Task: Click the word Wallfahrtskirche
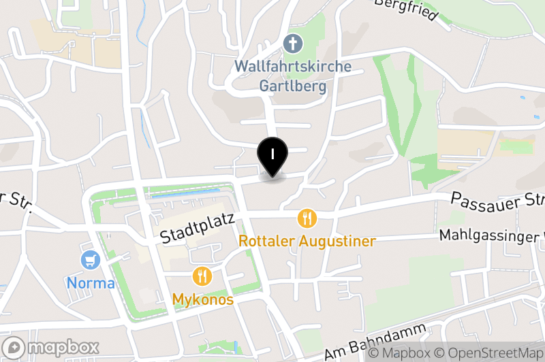(x=293, y=67)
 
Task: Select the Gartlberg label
(x=293, y=86)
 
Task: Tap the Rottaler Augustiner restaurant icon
(x=308, y=218)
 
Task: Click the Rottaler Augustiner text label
(x=307, y=242)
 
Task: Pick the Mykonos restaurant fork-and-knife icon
(x=203, y=276)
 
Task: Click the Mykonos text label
(x=203, y=299)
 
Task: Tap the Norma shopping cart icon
(x=90, y=259)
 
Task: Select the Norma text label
(x=90, y=282)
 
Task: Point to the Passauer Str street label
(x=497, y=200)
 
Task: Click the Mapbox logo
(x=52, y=347)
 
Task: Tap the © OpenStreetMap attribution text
(x=495, y=353)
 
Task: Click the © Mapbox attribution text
(x=405, y=353)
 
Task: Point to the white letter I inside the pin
(x=272, y=153)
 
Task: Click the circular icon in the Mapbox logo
(x=14, y=347)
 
